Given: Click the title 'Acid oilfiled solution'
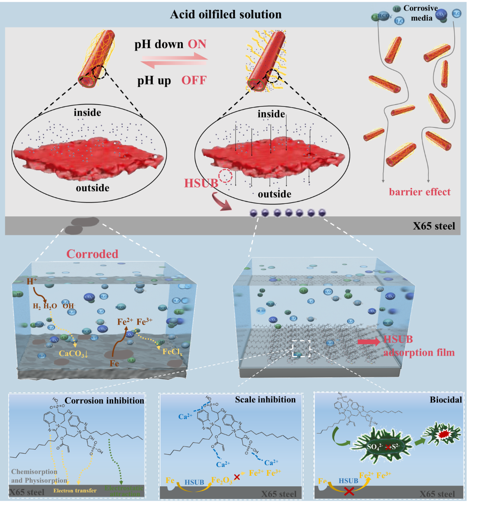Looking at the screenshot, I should (x=226, y=14).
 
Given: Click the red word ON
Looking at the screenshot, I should (x=197, y=44).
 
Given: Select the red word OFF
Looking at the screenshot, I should (x=194, y=80).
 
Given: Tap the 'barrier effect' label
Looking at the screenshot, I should (x=420, y=192).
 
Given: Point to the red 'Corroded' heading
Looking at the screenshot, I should (x=92, y=254).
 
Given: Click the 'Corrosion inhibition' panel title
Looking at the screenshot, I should (x=104, y=400).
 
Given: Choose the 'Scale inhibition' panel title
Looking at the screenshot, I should (x=265, y=399).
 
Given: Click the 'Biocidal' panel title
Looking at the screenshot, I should (x=446, y=399).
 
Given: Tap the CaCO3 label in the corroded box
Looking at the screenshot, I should (x=73, y=354).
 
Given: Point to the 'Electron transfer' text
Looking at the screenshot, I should (x=75, y=491).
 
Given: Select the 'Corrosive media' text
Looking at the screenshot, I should (x=421, y=13).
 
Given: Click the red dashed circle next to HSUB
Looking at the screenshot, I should (x=225, y=176).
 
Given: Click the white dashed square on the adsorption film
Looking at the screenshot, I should (x=301, y=348).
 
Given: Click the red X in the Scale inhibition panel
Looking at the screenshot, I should (x=237, y=477).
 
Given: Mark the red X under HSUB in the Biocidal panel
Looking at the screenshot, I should (x=349, y=491).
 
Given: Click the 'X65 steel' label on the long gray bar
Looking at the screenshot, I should (x=434, y=226).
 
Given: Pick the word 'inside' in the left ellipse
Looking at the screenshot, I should (x=87, y=113).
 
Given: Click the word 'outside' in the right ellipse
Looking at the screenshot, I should (x=274, y=194).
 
